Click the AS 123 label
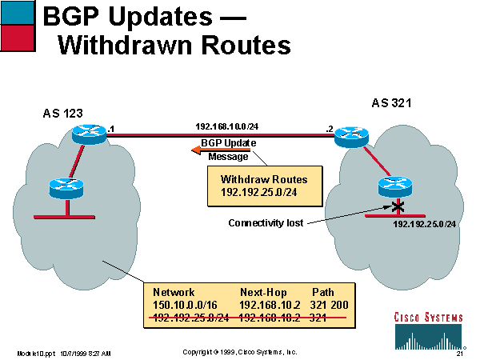click(62, 114)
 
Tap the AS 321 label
click(392, 103)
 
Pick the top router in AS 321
click(349, 137)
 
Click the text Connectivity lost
click(266, 222)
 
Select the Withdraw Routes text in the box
click(254, 180)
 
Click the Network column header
click(174, 293)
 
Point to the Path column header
click(322, 293)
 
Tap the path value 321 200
click(330, 305)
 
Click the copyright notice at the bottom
click(239, 352)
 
